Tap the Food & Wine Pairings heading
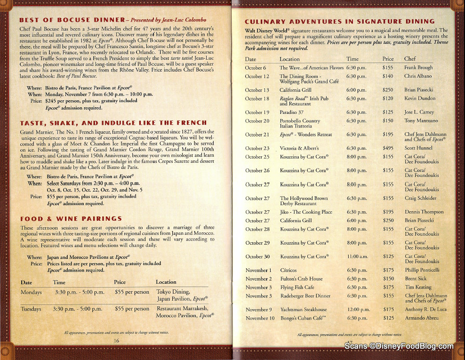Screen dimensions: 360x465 click(x=71, y=219)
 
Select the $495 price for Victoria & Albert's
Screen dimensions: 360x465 click(x=388, y=148)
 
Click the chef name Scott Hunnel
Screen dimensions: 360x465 click(x=418, y=148)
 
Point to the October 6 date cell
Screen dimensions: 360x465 click(x=256, y=68)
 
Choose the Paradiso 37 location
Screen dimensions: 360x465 click(x=291, y=112)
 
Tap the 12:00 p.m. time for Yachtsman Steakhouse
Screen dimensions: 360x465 click(x=358, y=310)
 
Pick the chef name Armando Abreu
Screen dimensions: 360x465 click(x=422, y=318)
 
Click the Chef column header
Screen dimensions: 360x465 click(x=410, y=59)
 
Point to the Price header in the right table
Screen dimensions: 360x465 click(x=388, y=59)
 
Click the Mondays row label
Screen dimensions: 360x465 click(x=31, y=292)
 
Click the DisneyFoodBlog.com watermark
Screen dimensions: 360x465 click(x=399, y=346)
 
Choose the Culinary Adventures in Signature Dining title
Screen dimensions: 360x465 click(x=339, y=22)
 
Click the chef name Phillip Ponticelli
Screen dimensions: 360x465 click(x=422, y=270)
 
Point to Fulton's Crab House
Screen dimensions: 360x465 click(x=301, y=279)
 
